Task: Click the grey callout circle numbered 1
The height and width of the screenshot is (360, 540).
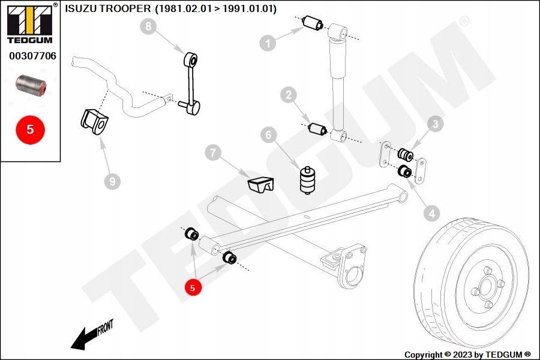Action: point(268,42)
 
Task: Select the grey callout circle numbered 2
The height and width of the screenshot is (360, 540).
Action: point(289,94)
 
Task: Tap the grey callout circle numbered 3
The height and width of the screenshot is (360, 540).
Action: point(435,125)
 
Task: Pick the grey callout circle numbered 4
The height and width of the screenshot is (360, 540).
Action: point(431,212)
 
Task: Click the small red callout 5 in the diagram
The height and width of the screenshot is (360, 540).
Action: point(193,288)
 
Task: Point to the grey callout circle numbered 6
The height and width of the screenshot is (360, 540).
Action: point(267,135)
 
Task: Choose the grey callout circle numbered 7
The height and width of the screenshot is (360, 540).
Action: point(211,153)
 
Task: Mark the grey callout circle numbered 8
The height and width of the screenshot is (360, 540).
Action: point(148,26)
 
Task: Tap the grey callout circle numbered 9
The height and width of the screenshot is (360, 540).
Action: point(112,181)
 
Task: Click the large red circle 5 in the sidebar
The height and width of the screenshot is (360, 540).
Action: point(30,128)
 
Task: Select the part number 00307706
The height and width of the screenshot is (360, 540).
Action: point(32,56)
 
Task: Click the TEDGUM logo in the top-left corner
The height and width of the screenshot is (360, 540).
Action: point(29,23)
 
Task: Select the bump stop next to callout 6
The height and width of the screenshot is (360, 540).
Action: point(307,178)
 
